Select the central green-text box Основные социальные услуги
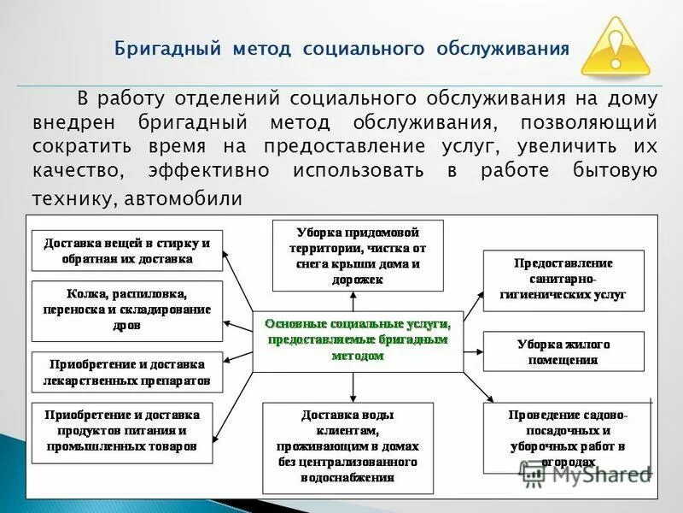tap(358, 340)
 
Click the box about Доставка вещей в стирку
tap(126, 250)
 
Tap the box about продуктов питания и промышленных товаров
tap(126, 430)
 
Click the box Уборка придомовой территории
tap(358, 255)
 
